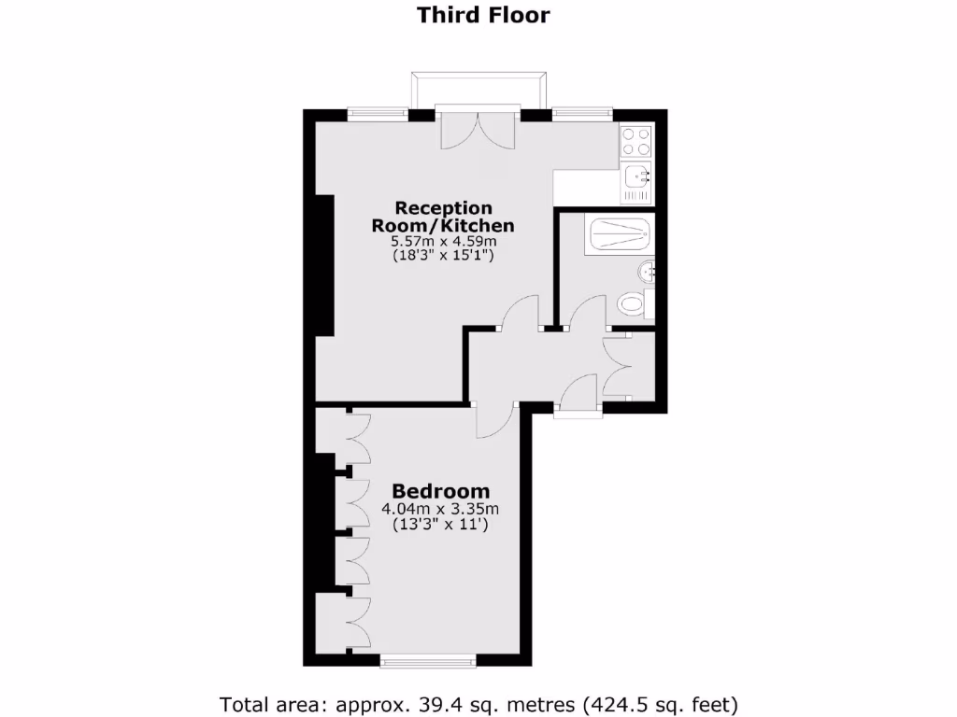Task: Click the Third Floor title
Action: pos(482,15)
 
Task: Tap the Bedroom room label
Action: pos(440,491)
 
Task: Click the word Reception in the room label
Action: pos(443,207)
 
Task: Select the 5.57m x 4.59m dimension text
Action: pos(443,241)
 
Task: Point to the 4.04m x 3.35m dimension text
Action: pos(440,509)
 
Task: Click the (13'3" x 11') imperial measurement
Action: pos(440,526)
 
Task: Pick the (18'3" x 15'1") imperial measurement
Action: pos(443,256)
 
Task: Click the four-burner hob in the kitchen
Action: pos(636,142)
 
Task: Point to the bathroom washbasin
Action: pos(647,272)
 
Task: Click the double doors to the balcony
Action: pos(478,129)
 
